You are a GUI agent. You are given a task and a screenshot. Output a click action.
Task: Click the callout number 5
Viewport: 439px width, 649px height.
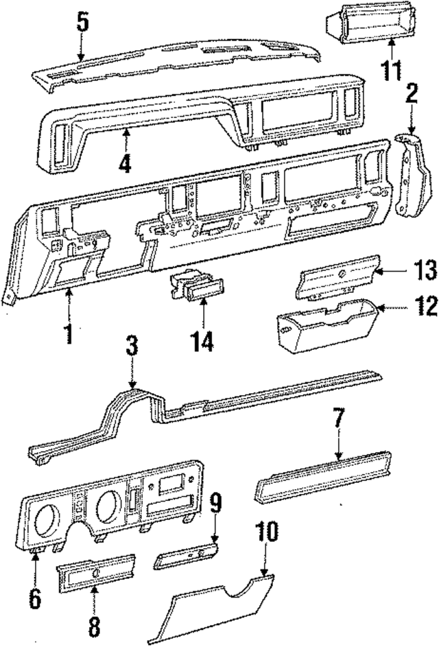(x=82, y=22)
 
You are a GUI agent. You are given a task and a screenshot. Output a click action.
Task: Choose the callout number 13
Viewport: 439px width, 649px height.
(x=425, y=270)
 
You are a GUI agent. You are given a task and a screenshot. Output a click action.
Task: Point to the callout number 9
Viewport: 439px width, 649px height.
(x=215, y=504)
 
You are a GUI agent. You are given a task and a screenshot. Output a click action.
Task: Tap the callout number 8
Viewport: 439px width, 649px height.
(x=95, y=626)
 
